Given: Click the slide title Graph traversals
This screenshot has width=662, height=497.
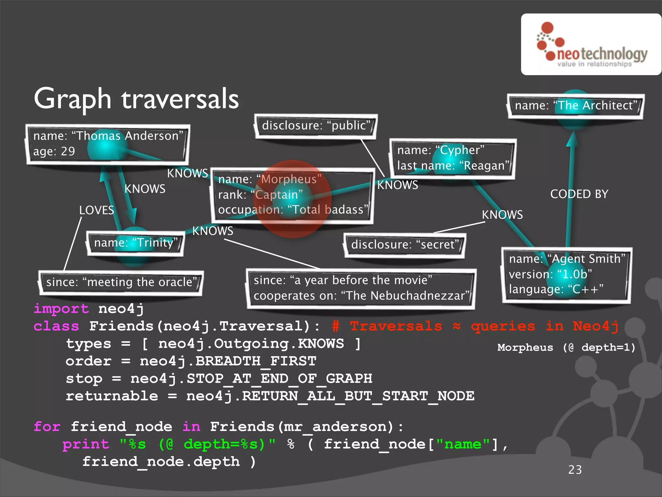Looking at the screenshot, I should pos(136,99).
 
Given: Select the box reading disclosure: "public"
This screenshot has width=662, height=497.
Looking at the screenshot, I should pos(316,126).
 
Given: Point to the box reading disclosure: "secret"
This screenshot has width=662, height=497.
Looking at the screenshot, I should pos(405,245).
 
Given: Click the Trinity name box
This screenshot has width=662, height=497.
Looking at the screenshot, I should pos(135,243).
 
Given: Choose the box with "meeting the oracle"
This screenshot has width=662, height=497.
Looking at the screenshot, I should pos(121,282).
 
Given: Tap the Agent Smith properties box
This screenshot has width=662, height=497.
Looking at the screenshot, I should pos(566,274).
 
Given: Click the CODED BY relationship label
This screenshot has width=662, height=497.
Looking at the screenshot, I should pos(579,194).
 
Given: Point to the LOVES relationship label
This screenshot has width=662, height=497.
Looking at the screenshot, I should pos(97,210).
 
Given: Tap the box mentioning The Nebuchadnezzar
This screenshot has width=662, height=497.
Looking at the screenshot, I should pos(361,288).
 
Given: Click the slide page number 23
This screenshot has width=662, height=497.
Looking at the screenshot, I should pos(575,469).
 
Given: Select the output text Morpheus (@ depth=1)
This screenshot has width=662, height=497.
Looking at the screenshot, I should pos(566,348).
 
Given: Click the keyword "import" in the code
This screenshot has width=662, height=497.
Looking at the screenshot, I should pos(61,309).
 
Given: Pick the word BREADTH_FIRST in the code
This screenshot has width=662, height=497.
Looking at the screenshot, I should pos(256,361).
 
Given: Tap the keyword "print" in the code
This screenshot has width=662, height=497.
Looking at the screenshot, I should pos(86,444).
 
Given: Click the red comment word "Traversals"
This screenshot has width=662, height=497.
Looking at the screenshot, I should pos(396,326).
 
